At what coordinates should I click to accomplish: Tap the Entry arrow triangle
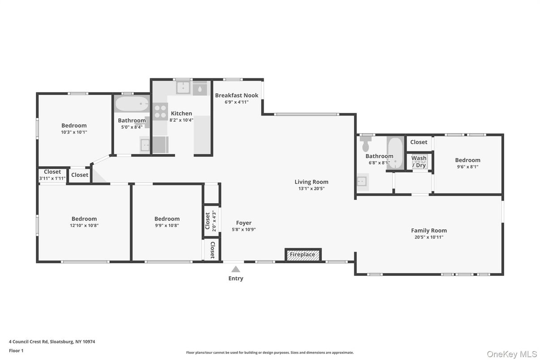236,269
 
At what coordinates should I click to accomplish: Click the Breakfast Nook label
236,95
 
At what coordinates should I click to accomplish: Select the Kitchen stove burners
160,111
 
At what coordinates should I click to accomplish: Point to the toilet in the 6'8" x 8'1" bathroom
366,144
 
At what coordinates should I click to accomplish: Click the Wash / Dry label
419,162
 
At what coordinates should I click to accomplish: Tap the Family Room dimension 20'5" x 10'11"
429,237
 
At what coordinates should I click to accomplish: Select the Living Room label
311,182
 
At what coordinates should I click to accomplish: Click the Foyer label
244,223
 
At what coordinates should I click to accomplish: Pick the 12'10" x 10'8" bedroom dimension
84,226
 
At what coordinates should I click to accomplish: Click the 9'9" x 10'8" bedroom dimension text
167,226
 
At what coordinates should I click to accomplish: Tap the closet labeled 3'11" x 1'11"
52,175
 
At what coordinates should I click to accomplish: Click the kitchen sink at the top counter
184,88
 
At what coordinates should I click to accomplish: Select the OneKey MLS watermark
511,354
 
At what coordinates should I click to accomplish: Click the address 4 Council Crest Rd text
52,342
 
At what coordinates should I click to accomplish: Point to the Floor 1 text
16,351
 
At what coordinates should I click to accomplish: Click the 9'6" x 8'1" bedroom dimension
467,167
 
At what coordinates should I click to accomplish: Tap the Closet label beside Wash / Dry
419,142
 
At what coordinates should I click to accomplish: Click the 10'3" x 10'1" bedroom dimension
74,132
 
